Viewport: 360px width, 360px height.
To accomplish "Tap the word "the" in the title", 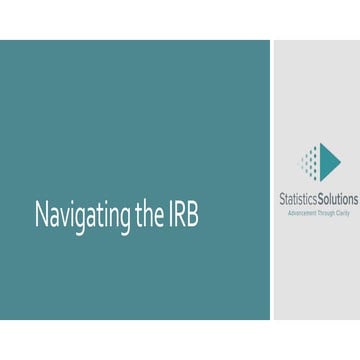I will pyautogui.click(x=139, y=215).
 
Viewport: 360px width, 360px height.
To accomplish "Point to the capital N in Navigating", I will pyautogui.click(x=41, y=215).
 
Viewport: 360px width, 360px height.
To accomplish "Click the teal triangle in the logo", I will pyautogui.click(x=329, y=160).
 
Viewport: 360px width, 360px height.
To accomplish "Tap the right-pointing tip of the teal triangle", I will pyautogui.click(x=340, y=160).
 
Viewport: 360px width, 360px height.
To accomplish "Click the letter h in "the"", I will pyautogui.click(x=138, y=215).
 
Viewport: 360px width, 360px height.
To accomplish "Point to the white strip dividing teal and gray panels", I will pyautogui.click(x=273, y=180).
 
